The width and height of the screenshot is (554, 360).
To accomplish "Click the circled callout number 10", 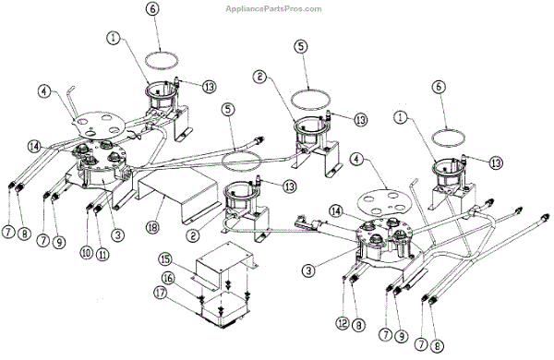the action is click(x=86, y=253).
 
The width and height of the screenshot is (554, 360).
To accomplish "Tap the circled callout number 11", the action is click(x=102, y=255).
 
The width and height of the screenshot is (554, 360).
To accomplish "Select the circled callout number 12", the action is click(x=343, y=323).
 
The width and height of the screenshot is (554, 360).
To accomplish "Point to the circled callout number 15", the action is click(x=165, y=259).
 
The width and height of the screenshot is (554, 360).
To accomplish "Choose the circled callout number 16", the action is click(x=169, y=278).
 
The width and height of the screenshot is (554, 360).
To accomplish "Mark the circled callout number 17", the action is click(x=161, y=293).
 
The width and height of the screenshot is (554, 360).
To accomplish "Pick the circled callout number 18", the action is click(x=154, y=226).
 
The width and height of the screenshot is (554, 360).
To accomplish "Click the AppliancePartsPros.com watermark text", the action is click(x=274, y=8).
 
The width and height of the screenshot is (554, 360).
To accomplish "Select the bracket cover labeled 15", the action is click(x=224, y=263).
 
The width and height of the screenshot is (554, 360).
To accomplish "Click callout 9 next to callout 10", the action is click(x=59, y=242).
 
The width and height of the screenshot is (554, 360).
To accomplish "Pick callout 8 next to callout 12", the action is click(x=358, y=325).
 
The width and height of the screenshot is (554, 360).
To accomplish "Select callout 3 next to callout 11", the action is click(x=117, y=234).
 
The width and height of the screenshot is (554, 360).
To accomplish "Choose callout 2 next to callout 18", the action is click(x=192, y=235).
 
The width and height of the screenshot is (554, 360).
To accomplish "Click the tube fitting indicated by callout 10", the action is click(x=89, y=207).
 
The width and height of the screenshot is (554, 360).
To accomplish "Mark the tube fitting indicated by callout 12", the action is click(x=344, y=279).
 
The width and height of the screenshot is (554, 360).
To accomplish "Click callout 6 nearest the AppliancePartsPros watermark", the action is click(x=152, y=9).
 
